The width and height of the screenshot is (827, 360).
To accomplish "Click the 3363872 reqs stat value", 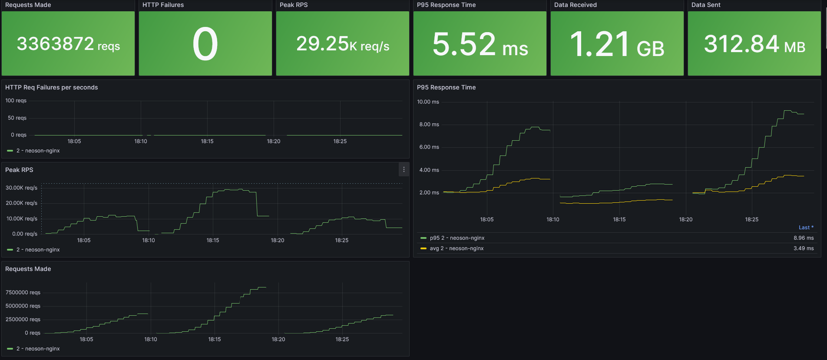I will [68, 44].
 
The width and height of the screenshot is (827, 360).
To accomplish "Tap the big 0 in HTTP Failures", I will [205, 44].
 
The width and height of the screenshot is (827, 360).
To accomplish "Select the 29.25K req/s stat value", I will [342, 44].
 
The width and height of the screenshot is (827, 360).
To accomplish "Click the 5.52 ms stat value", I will [480, 44].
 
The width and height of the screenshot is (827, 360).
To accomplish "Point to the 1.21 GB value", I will [617, 44].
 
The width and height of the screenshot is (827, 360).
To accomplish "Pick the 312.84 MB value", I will [754, 44].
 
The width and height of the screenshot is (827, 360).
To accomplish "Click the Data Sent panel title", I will [705, 5].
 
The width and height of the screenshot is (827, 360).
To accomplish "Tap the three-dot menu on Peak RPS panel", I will [404, 170].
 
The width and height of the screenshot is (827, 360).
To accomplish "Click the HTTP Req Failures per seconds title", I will [51, 87].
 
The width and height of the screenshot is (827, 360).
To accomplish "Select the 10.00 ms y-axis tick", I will [428, 102].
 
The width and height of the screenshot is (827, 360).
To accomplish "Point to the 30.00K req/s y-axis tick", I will [21, 188].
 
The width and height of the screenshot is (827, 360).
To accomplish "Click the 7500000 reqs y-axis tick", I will [23, 293].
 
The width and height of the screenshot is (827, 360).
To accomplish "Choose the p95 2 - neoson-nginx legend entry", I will [457, 238].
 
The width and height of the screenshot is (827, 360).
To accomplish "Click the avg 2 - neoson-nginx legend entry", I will [457, 248].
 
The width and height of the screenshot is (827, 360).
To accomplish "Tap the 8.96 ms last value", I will [803, 238].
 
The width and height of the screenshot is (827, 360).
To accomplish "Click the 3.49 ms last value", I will [803, 248].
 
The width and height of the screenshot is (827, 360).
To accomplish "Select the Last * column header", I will [806, 228].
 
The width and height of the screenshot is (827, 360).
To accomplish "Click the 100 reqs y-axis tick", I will [16, 101].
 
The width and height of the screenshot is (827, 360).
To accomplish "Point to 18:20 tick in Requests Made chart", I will [278, 339].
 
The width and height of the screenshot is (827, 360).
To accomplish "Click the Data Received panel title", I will [575, 5].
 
